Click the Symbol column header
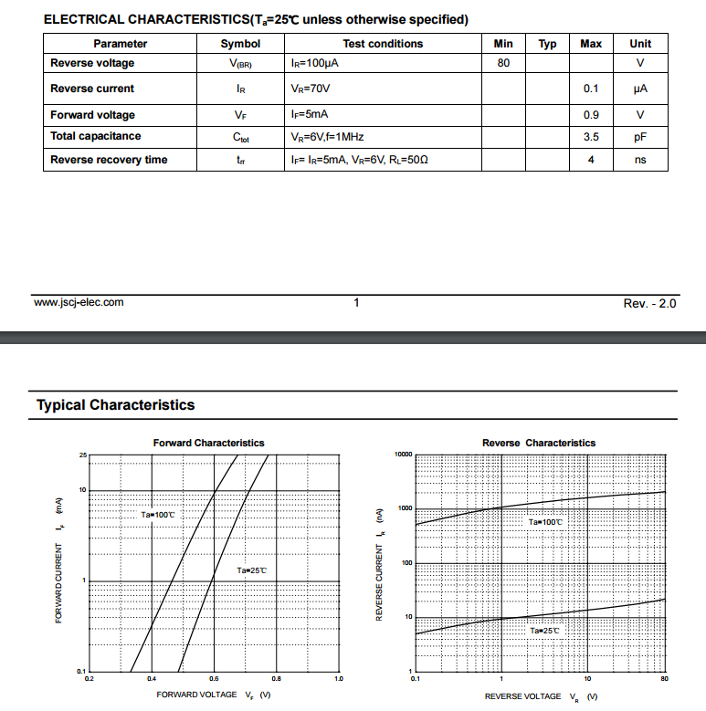pos(240,44)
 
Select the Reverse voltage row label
pos(92,63)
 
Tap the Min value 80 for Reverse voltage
pos(503,63)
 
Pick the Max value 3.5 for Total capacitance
pos(591,136)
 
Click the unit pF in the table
pos(640,136)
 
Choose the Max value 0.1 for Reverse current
pos(591,89)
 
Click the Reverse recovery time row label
pos(109,160)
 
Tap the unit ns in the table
pos(640,160)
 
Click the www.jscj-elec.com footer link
pos(79,302)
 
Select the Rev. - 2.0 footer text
pos(644,303)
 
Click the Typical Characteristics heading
pos(116,405)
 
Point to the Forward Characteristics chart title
pos(208,443)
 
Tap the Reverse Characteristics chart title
pos(539,443)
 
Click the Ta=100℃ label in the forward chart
pos(157,515)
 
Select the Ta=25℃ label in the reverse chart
pos(544,631)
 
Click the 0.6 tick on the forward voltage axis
pos(214,679)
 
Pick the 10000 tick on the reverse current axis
pos(403,454)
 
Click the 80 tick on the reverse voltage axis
pos(664,679)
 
